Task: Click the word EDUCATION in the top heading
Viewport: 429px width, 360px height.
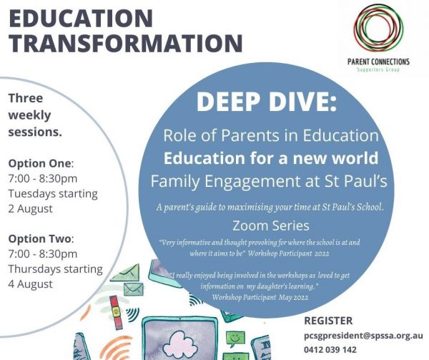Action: [81, 19]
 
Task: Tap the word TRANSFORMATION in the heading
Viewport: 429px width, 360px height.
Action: [126, 43]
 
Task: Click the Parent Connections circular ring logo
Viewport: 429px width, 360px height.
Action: [379, 27]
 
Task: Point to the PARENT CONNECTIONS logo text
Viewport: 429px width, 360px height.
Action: [378, 62]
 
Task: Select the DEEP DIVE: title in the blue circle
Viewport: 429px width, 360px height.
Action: [267, 102]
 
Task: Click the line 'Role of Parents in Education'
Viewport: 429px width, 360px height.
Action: [271, 135]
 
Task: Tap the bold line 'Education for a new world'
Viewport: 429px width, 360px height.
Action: [271, 158]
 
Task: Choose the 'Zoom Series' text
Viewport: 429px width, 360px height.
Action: [271, 226]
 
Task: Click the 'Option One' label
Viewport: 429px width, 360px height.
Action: [40, 163]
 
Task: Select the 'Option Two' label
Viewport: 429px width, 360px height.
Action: [40, 239]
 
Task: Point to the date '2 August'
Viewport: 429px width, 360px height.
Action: [30, 209]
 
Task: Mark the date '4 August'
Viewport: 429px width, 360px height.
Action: [30, 284]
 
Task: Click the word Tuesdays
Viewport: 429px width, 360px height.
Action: [32, 194]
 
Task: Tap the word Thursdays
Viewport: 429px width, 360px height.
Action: [35, 269]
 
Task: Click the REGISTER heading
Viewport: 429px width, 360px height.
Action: [328, 321]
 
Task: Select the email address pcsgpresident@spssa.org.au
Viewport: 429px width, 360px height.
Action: [363, 336]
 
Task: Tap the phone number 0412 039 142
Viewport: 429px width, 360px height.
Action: [330, 349]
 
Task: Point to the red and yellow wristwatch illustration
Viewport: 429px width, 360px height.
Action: [116, 312]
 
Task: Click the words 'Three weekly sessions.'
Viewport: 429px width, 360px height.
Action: [35, 115]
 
